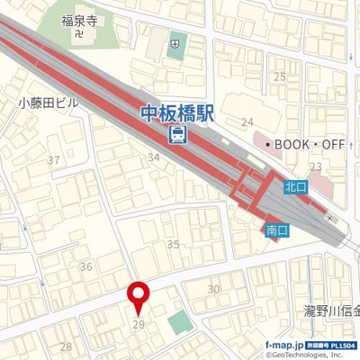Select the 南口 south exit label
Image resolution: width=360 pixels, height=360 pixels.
point(277,231)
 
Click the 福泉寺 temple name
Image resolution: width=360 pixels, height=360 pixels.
point(78,20)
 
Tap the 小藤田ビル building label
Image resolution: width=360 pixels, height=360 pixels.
point(48,103)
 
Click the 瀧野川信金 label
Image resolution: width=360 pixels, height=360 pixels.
point(331,311)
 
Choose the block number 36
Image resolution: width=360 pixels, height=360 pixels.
point(86,266)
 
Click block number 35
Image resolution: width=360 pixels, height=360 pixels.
point(174,244)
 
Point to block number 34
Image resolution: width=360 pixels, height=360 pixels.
point(155,157)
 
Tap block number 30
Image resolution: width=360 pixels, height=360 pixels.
point(213,289)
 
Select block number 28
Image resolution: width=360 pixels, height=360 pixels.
point(66,346)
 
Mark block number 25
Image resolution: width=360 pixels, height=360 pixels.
point(280,77)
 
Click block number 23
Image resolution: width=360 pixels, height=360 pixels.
point(315,166)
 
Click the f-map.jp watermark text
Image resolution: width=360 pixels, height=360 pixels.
point(283,345)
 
